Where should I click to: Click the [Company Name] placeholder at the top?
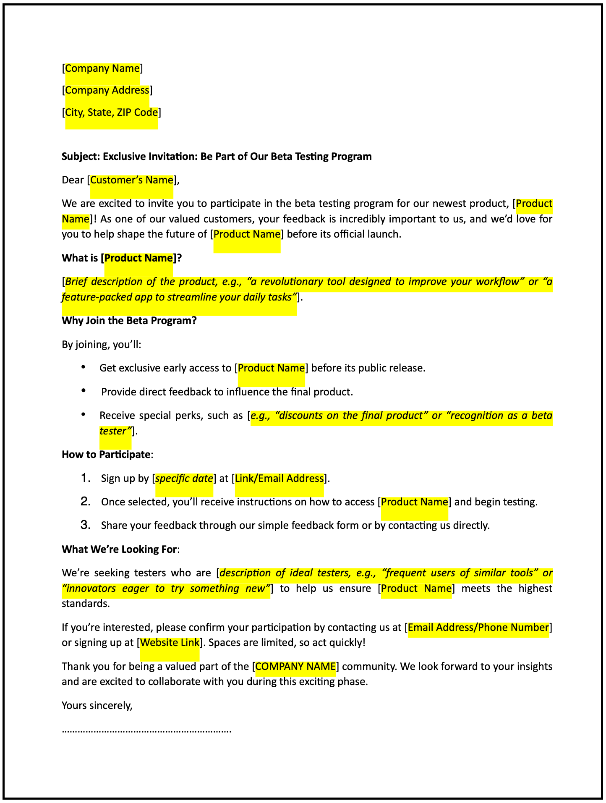[102, 68]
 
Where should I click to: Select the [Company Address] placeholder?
[107, 90]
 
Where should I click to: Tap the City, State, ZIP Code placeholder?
[112, 112]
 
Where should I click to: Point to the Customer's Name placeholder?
[132, 180]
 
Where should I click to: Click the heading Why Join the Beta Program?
[129, 321]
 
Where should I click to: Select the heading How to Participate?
[106, 455]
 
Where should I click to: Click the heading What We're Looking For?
[119, 549]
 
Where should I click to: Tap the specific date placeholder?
[184, 479]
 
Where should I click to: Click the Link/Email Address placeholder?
[279, 479]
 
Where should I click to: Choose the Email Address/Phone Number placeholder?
[478, 628]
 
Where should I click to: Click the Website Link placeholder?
[170, 643]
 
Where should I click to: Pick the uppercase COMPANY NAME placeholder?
[295, 667]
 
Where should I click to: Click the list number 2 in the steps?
[86, 502]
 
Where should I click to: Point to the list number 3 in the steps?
[86, 525]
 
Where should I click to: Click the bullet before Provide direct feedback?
[84, 391]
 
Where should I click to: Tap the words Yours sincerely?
[97, 705]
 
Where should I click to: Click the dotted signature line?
[146, 731]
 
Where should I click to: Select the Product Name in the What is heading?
[138, 258]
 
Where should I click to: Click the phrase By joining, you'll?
[102, 345]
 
